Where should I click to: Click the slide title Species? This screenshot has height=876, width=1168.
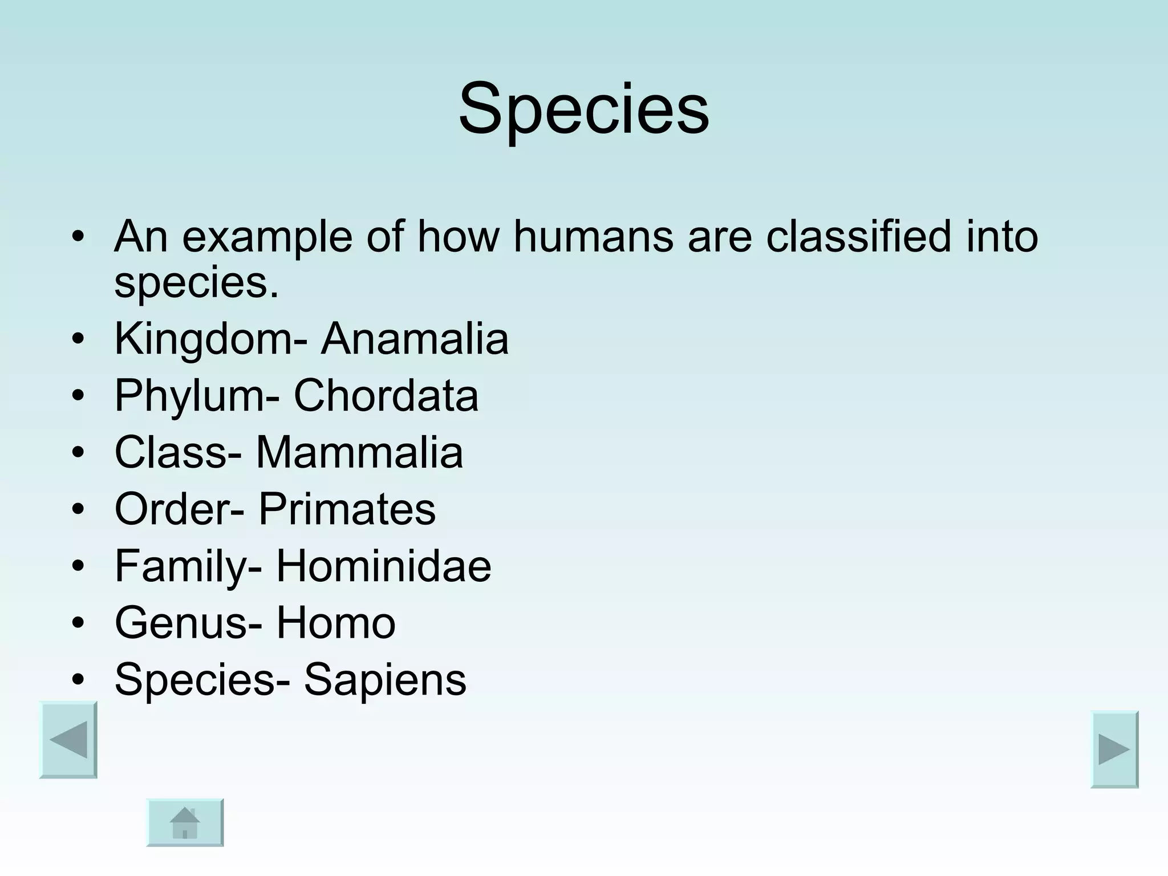pos(584,109)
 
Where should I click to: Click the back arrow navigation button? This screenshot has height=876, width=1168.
pos(68,740)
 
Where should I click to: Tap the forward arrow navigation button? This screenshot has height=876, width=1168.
pos(1114,749)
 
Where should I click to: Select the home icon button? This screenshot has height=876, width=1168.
pos(185,822)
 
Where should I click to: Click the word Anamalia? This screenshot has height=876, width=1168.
pos(415,339)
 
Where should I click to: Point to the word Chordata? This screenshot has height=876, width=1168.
pos(386,395)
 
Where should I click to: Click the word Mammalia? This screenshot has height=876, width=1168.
pos(359,452)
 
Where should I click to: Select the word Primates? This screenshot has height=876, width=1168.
pos(347,509)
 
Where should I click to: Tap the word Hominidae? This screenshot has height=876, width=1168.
pos(383,566)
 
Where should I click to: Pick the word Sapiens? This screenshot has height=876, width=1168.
pos(384,679)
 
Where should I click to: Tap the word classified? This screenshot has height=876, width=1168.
pos(858,237)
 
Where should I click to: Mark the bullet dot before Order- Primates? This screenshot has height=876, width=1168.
pos(79,509)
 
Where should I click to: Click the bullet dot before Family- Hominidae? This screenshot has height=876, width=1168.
pos(79,566)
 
